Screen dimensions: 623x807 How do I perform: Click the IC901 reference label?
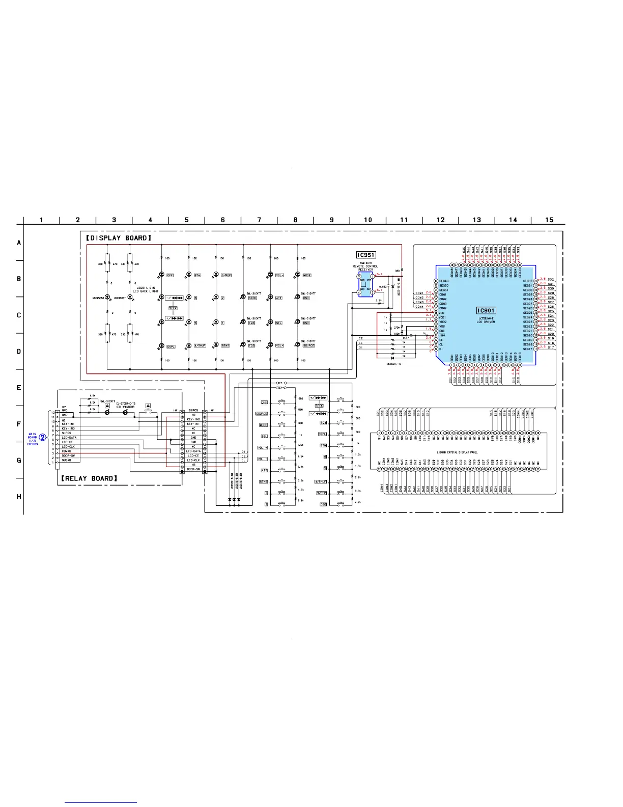coord(486,310)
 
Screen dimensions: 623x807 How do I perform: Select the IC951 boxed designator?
coord(365,255)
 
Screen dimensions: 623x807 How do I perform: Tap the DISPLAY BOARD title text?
coord(119,238)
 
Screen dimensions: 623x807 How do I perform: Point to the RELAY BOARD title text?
coord(89,478)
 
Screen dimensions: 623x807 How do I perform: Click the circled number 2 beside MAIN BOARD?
coord(43,437)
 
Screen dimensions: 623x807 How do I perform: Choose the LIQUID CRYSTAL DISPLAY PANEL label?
coord(457,452)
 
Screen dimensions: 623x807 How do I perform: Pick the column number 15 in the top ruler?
coord(549,220)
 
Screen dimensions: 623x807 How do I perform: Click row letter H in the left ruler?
coord(19,497)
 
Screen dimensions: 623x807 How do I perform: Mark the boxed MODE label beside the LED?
coord(307,275)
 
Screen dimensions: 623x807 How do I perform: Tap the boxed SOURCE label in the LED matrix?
coord(308,345)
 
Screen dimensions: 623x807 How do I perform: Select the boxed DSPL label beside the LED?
coord(171,346)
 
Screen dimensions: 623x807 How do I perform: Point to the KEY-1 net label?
coord(281,383)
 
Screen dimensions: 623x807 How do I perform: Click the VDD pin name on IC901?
coord(442,313)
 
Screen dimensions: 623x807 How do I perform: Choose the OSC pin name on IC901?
coord(442,331)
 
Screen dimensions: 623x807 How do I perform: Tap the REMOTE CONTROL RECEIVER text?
coord(365,268)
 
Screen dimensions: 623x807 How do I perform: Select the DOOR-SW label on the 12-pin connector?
coord(68,455)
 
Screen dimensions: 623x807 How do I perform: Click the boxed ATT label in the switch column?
coord(264,470)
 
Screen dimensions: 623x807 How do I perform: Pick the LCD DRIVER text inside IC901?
coord(486,322)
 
